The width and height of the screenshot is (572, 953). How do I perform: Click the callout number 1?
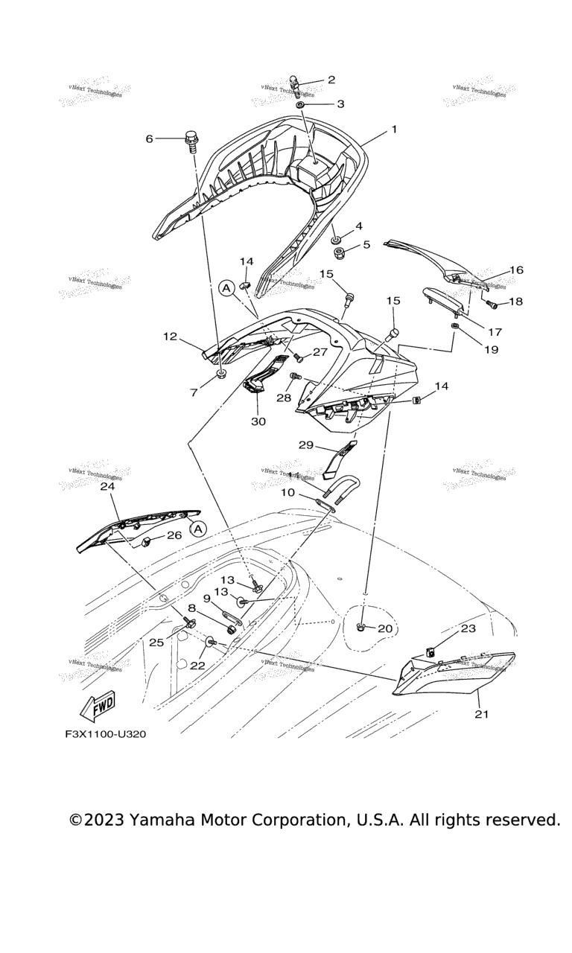point(394,130)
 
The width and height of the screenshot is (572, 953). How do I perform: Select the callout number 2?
point(331,80)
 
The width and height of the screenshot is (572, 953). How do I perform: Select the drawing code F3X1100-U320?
point(105,734)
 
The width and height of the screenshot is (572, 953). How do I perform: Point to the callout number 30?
point(258,421)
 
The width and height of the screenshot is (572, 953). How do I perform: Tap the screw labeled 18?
point(492,302)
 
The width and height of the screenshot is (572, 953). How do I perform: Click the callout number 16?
point(516,270)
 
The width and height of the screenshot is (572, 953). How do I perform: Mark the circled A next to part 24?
point(197,529)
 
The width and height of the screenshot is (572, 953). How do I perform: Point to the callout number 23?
point(468,628)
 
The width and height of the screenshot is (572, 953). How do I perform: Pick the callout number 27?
point(320,351)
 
